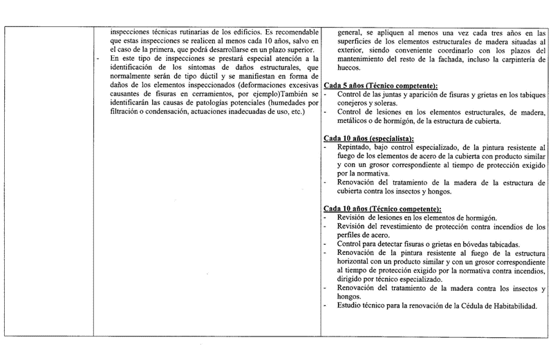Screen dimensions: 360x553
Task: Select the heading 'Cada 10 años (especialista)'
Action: pos(368,139)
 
